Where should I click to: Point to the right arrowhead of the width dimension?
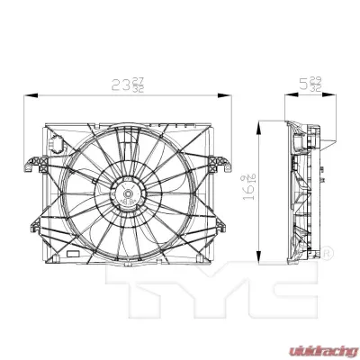pos(229,93)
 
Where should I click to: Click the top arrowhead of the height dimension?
pos(262,124)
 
